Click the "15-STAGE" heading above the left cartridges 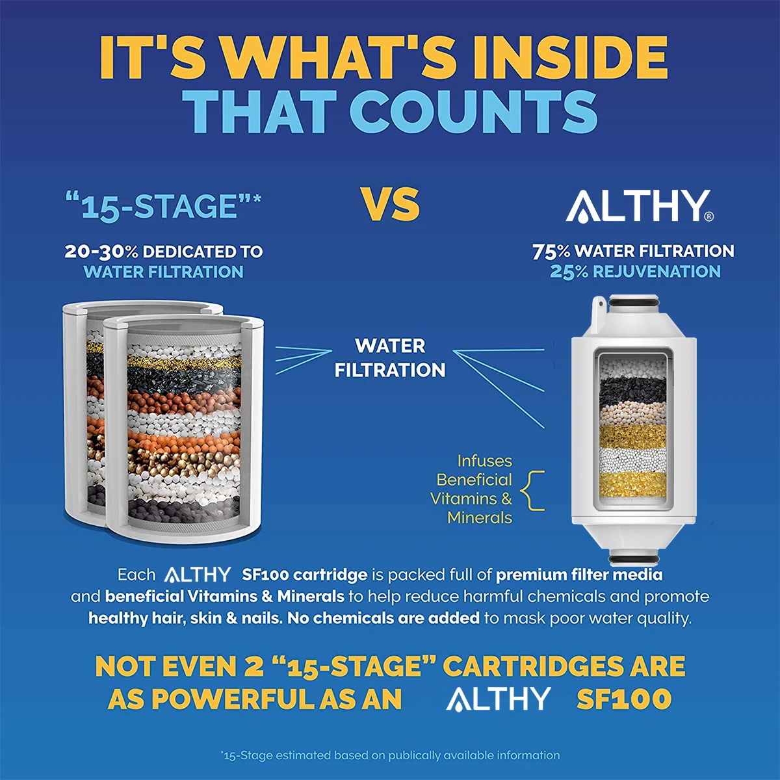coord(162,207)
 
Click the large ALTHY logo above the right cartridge coord(634,206)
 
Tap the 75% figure coord(551,252)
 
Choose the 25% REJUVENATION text coord(635,272)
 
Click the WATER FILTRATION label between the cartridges coord(390,357)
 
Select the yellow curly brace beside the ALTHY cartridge coord(534,490)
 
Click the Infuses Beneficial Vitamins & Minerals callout coord(473,489)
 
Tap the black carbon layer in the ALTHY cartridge coord(632,391)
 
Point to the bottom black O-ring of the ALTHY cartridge coord(634,557)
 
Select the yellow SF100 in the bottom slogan coord(624,699)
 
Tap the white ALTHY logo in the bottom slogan coord(498,699)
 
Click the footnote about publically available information coord(390,755)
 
